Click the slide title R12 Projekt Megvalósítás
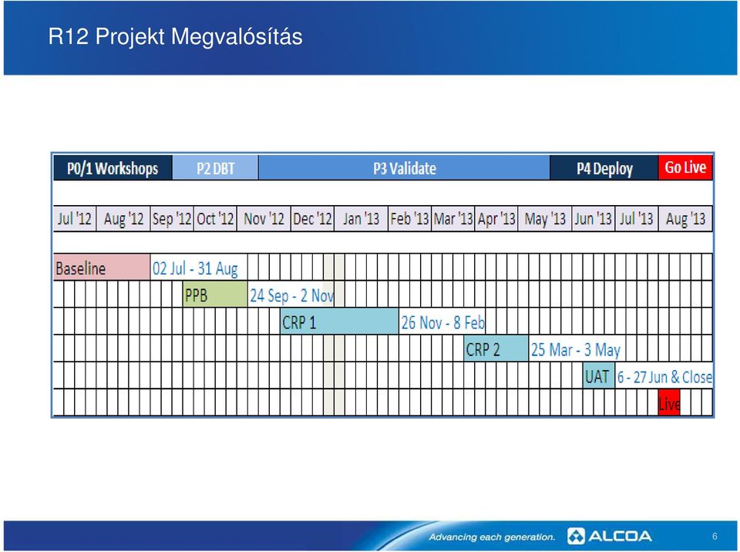[175, 37]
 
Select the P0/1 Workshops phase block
[113, 167]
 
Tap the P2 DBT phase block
[215, 167]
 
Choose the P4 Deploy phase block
[604, 167]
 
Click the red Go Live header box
[685, 167]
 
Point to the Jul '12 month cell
[75, 219]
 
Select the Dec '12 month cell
[312, 219]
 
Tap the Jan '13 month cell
[361, 219]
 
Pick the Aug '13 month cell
[685, 219]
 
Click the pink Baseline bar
[102, 268]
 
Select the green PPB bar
[215, 295]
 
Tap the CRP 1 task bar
[339, 321]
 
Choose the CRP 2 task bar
[496, 348]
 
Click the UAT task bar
[599, 375]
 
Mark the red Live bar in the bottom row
[669, 402]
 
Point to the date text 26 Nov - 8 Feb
[442, 322]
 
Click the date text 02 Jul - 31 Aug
[195, 268]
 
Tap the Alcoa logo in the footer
[609, 536]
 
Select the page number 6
[715, 536]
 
